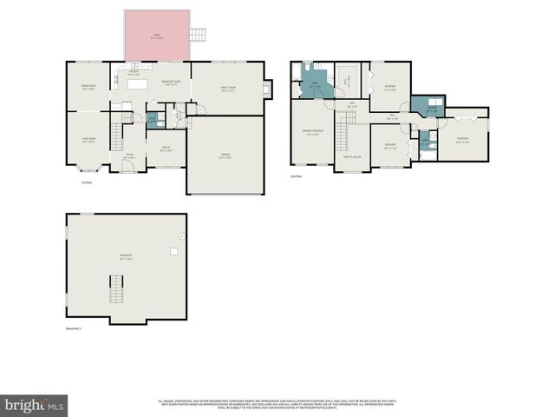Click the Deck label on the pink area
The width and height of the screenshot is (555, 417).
coord(157,36)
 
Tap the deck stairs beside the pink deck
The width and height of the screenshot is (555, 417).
coord(199,35)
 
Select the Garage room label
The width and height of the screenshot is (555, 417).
coord(225,156)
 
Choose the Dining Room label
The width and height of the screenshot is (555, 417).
coord(88,88)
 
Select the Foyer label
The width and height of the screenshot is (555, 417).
coord(129,156)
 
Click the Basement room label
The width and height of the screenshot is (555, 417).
coord(126,257)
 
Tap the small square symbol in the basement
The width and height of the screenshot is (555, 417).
coord(173,252)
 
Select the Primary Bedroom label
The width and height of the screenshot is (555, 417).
coord(311,133)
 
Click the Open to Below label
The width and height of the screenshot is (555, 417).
coord(352,156)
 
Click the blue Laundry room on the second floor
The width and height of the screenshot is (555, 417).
coord(431,109)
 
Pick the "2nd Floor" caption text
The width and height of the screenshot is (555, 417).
coord(297,176)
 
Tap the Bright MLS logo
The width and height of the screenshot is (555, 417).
coord(34,405)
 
